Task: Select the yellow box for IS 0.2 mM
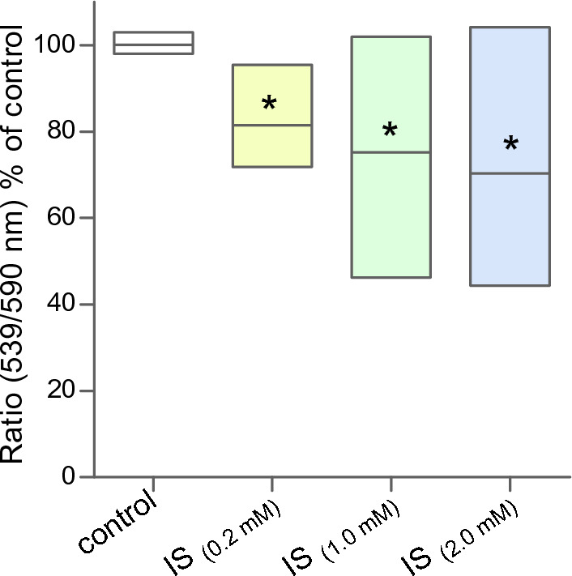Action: [x=271, y=146]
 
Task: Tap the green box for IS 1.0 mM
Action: [x=391, y=211]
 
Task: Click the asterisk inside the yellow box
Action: [x=270, y=104]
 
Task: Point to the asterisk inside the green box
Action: [x=390, y=130]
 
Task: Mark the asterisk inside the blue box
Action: [x=510, y=145]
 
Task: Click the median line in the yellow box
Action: [x=271, y=126]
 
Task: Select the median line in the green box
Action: [x=391, y=152]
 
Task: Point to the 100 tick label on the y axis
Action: [x=58, y=45]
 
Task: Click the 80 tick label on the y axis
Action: [x=62, y=132]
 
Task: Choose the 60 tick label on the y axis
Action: [x=62, y=218]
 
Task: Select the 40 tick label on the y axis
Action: [x=62, y=305]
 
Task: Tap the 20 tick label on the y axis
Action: [x=62, y=390]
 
